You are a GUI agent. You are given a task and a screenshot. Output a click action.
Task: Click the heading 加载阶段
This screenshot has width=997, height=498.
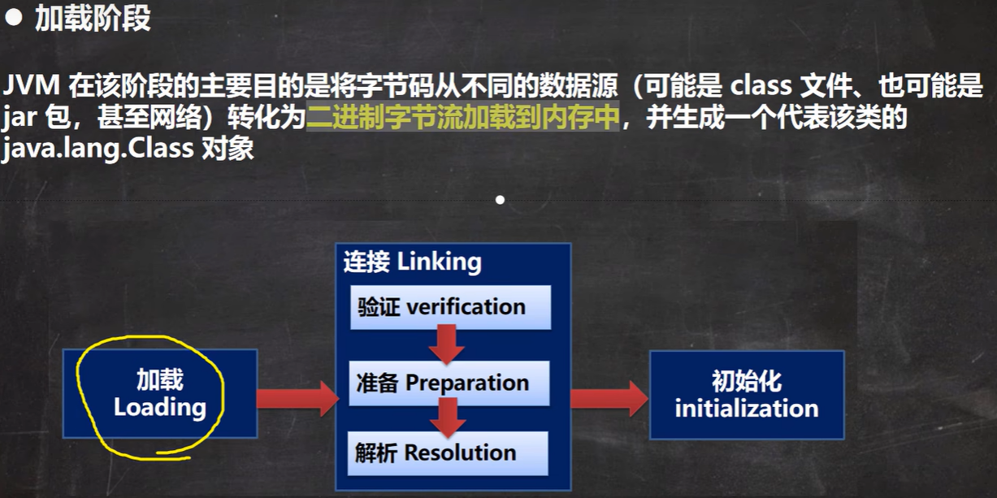93,19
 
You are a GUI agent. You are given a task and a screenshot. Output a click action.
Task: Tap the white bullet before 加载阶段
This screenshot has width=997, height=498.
13,18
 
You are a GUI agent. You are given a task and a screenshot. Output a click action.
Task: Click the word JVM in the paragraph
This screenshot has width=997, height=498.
31,85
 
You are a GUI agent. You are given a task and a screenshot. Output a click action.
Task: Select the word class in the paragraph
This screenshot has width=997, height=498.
761,85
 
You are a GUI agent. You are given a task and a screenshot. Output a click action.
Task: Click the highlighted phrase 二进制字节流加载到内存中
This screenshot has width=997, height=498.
463,117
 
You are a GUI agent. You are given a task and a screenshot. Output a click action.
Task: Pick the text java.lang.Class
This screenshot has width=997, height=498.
98,149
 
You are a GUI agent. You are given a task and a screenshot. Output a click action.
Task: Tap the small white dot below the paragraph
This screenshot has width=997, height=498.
501,201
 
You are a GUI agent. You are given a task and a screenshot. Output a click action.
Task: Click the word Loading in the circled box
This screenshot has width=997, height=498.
160,407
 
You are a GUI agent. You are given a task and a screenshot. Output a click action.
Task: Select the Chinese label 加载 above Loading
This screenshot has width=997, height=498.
160,379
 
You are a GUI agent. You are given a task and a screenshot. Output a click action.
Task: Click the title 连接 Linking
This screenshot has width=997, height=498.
412,262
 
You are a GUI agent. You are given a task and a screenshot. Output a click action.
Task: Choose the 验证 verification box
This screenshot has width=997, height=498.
450,307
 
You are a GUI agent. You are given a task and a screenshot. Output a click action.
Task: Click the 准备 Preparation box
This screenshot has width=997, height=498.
449,383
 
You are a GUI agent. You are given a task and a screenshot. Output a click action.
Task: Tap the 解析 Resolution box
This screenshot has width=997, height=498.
448,453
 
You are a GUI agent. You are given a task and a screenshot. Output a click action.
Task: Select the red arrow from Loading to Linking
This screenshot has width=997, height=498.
297,398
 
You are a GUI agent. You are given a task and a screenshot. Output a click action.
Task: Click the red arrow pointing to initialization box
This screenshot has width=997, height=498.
609,398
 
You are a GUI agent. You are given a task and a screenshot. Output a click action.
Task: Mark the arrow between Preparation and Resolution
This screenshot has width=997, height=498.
448,418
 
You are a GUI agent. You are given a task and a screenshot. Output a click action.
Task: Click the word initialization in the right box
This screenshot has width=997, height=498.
747,409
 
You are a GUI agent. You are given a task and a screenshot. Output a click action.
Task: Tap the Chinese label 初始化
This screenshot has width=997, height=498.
747,381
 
